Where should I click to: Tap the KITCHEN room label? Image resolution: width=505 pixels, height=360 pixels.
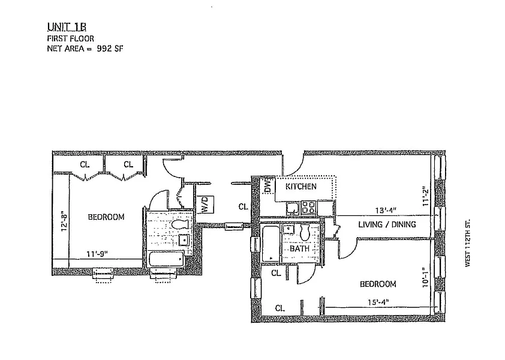tap(300, 187)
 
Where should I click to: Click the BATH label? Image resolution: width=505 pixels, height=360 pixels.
tap(299, 248)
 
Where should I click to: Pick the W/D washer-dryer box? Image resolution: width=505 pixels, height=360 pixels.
tap(204, 205)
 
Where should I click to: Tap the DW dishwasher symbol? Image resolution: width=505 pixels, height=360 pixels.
tap(267, 187)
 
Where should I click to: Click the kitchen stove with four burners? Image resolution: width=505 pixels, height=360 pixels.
tap(309, 208)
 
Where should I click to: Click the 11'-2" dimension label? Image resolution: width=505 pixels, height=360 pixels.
tap(425, 196)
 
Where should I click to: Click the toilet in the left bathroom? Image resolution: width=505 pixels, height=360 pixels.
tap(179, 224)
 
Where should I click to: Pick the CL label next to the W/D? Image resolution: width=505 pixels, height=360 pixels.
tap(243, 206)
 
